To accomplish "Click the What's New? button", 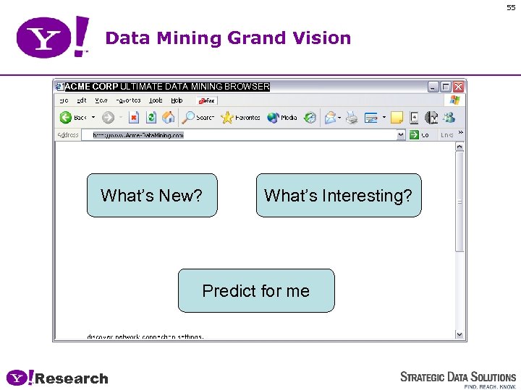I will coord(152,195).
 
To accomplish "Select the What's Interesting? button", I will coord(338,195).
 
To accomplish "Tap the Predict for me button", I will coord(256,290).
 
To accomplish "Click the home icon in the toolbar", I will coord(169,117).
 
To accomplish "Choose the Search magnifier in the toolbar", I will coord(189,117).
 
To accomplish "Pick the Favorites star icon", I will coord(227,117).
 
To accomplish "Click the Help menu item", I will coord(177,101).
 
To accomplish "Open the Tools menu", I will coord(156,101).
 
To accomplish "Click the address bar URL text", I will coord(137,135).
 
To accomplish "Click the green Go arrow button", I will coord(414,135).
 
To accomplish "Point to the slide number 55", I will coord(511,7).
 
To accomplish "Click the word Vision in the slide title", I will coord(321,38).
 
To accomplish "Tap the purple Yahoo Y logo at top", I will coord(43,38).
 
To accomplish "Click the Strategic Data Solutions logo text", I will coord(458,377).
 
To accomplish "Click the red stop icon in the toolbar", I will coord(134,117).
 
